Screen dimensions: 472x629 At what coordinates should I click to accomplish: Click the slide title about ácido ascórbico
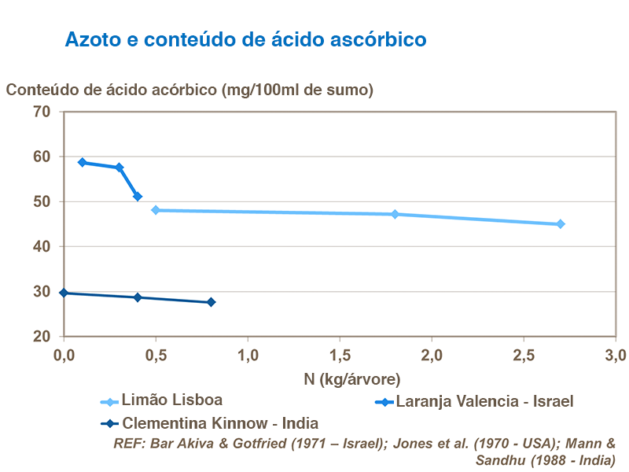click(x=245, y=39)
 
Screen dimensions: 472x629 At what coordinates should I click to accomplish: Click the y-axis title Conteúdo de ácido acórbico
click(x=189, y=90)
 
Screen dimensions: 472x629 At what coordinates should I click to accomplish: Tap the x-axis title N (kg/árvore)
click(x=340, y=378)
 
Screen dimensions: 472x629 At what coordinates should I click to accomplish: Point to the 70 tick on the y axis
click(x=41, y=112)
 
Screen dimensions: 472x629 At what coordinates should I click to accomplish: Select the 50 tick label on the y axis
click(x=41, y=202)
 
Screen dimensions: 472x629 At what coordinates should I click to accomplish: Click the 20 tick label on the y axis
click(x=41, y=337)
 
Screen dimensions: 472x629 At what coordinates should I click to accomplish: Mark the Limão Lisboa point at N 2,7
click(x=561, y=224)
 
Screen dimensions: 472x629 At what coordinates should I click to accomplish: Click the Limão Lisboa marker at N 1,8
click(x=395, y=214)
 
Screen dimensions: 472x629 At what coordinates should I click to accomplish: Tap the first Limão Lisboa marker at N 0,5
click(x=156, y=210)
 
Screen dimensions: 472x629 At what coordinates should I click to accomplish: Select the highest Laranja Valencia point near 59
click(x=83, y=162)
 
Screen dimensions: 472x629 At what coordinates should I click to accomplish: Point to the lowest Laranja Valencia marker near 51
click(x=138, y=197)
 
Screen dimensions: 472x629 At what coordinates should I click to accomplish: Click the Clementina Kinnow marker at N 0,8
click(x=211, y=302)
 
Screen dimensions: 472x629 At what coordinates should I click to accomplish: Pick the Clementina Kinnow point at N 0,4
click(x=138, y=297)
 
